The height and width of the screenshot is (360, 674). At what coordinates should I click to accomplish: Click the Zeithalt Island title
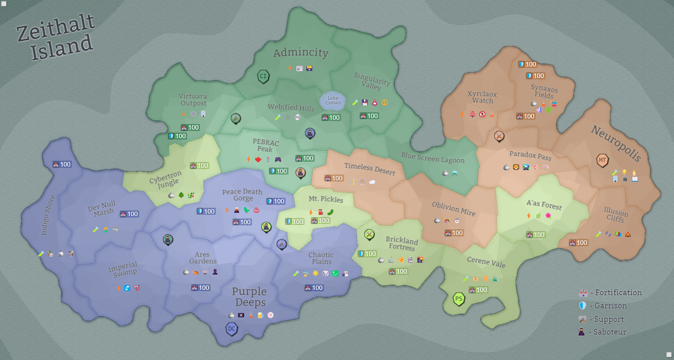click(x=56, y=37)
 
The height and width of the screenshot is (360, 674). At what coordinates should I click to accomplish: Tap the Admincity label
click(x=301, y=52)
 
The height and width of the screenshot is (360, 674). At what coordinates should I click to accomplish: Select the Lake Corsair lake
click(x=333, y=100)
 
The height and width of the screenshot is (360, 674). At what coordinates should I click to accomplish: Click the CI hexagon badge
click(x=263, y=76)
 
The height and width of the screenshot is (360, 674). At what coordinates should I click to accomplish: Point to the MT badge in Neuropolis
click(x=602, y=160)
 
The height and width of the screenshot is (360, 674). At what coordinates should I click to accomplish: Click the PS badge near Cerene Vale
click(x=459, y=299)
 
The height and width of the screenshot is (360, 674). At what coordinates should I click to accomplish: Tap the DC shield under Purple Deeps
click(x=232, y=328)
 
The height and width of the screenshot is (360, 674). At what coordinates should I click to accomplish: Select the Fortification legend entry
click(x=610, y=293)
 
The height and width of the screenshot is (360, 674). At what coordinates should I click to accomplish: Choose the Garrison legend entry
click(x=603, y=306)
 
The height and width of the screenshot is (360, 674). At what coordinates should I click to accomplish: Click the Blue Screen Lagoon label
click(x=433, y=158)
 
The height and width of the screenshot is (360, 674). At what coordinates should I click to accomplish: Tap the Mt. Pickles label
click(x=326, y=199)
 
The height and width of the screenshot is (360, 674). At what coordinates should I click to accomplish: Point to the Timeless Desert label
click(x=369, y=169)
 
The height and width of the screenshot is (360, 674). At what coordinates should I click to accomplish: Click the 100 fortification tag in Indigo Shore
click(x=62, y=164)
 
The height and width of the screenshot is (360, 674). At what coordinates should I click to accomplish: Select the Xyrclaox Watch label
click(x=482, y=97)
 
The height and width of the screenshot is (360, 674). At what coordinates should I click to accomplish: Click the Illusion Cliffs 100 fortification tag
click(x=578, y=243)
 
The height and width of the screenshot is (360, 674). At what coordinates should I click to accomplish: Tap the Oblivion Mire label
click(x=453, y=209)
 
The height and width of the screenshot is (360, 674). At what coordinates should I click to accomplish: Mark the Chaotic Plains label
click(x=321, y=258)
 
